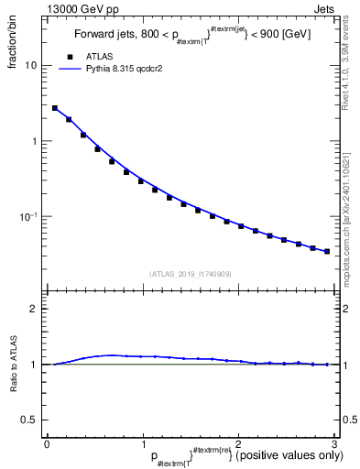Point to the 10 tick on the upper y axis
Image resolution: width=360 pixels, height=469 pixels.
pos(31,66)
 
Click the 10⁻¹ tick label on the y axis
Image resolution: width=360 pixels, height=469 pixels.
pos(27,216)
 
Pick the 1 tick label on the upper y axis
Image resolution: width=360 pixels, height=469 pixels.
pos(35,141)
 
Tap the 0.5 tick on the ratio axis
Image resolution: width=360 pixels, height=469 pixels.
pos(30,420)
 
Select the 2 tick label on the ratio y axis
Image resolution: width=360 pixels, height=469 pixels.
pos(35,309)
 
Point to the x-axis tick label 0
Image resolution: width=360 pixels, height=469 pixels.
pos(47,443)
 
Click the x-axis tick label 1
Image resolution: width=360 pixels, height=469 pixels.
pos(142,443)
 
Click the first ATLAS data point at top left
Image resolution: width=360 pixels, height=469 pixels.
pos(55,108)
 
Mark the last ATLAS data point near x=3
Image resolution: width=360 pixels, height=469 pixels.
pos(327,251)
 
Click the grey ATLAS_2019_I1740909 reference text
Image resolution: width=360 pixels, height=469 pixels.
pos(190,273)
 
